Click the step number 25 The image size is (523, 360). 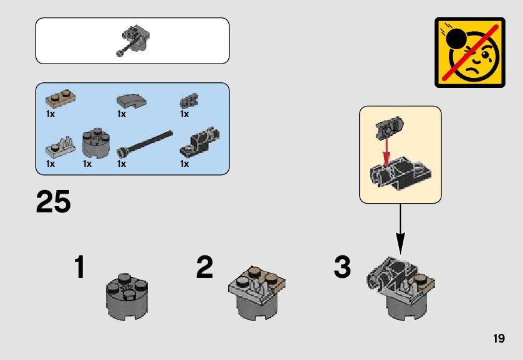point(54,203)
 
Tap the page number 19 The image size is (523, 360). point(498,339)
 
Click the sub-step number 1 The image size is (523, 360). point(79,268)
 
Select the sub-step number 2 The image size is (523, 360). point(204,268)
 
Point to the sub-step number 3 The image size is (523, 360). point(342,268)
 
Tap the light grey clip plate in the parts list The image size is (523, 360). point(59,147)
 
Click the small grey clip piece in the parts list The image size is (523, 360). point(187,102)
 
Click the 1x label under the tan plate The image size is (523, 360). point(50,114)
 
